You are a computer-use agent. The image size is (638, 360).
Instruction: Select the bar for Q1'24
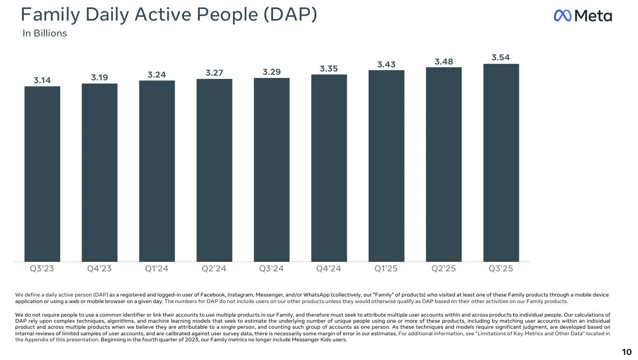157,171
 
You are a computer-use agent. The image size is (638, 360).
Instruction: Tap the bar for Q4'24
329,168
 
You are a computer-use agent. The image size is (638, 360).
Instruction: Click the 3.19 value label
99,78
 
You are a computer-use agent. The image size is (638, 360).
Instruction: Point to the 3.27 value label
214,73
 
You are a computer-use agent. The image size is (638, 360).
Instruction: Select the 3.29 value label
272,72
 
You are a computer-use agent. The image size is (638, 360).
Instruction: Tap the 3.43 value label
386,64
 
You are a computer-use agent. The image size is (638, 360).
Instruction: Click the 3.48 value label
444,61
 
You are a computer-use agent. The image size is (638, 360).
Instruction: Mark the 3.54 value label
501,57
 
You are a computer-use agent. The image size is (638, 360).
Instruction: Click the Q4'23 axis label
99,269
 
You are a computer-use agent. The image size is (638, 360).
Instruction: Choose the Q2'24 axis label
214,269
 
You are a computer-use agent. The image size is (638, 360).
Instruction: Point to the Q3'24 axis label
272,269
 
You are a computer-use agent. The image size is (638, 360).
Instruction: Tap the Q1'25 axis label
386,269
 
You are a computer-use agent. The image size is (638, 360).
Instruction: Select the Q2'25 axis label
444,269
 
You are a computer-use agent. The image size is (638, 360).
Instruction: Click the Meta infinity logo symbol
562,16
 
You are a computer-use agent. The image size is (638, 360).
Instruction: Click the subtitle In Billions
45,34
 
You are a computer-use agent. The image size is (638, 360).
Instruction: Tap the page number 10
626,352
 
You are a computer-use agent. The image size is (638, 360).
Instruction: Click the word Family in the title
49,15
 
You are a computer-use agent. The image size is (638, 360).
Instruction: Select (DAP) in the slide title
290,15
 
